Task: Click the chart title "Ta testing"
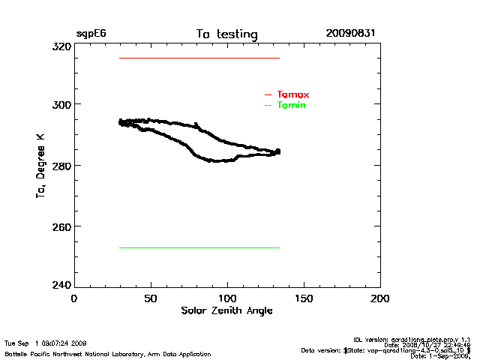(x=226, y=34)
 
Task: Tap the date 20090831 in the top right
(x=350, y=34)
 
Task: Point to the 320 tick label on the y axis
(x=61, y=46)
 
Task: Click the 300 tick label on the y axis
(x=61, y=104)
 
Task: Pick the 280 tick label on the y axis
(x=61, y=165)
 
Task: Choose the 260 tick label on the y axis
(x=61, y=226)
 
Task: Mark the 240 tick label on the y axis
(x=61, y=286)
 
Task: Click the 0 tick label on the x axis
(x=73, y=298)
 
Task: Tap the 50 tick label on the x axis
(x=151, y=298)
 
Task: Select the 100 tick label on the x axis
(x=227, y=298)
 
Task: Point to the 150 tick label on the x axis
(x=304, y=298)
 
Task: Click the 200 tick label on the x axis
(x=380, y=298)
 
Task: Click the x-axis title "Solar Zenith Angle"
(x=226, y=310)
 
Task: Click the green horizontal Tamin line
(x=199, y=247)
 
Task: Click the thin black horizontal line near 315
(x=199, y=58)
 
